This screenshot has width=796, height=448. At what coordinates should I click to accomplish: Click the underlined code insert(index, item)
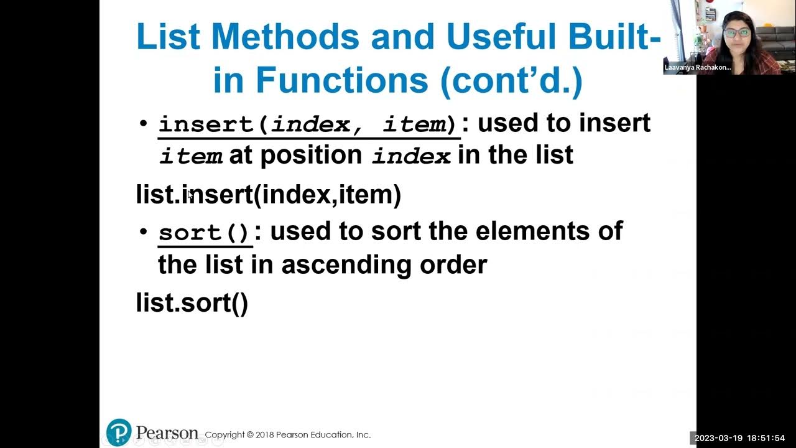(x=308, y=124)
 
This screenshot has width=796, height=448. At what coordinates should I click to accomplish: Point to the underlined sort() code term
(x=205, y=233)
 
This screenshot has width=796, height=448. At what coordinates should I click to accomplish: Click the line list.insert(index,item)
(x=269, y=195)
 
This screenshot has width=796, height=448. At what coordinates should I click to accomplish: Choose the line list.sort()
(x=192, y=303)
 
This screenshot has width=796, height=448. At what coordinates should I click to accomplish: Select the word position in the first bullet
(x=311, y=155)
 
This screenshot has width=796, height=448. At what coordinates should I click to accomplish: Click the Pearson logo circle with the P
(x=119, y=432)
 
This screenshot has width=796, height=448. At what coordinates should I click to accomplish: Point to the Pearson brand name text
(x=167, y=432)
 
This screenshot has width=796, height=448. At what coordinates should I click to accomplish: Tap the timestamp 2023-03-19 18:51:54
(x=739, y=439)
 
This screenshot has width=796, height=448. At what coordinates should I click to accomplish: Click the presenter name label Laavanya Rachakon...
(x=697, y=67)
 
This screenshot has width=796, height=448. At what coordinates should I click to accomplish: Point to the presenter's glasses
(x=737, y=32)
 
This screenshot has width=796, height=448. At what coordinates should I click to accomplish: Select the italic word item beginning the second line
(x=191, y=156)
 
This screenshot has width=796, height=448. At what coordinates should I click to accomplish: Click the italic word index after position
(x=411, y=156)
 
